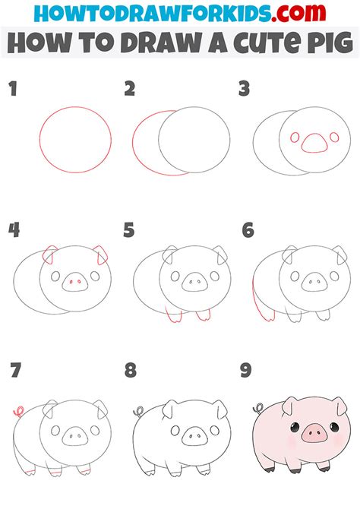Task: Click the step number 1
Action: point(13,89)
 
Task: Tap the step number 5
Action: point(129,230)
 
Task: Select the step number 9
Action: point(246,370)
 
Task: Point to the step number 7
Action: point(16,370)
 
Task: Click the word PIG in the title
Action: point(330,43)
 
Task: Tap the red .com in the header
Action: point(298,13)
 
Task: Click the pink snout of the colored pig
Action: point(314,434)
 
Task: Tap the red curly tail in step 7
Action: point(19,412)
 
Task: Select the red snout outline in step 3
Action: point(314,143)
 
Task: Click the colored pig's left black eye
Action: point(295,427)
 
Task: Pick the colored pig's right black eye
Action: point(334,426)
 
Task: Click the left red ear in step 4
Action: point(49,254)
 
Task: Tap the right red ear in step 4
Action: point(100,254)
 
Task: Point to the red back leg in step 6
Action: point(261,300)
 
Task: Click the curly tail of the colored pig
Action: point(258,408)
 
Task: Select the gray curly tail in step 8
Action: point(139,412)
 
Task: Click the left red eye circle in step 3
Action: point(295,138)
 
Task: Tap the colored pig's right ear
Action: point(340,406)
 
